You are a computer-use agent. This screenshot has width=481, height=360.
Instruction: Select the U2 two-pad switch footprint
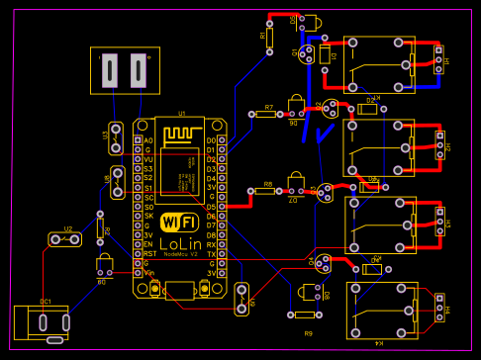67,239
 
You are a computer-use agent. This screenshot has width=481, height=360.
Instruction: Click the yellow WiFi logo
179,222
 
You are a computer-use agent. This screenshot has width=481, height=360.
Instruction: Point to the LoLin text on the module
179,242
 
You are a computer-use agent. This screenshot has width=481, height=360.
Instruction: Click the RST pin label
148,253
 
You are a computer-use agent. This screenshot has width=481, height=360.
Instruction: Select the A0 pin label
148,140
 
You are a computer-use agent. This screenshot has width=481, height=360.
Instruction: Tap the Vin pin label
148,272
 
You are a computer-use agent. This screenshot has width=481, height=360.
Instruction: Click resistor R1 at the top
270,37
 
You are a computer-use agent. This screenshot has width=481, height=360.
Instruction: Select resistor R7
267,115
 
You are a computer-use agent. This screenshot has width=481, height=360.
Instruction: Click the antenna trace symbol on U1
179,133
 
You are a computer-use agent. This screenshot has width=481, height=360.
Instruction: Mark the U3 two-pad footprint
115,137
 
